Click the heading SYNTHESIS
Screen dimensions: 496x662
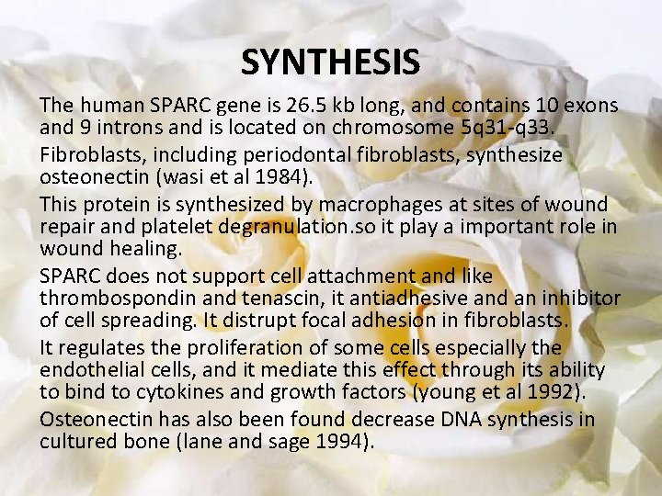(x=330, y=62)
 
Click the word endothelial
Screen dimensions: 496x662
(x=90, y=369)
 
